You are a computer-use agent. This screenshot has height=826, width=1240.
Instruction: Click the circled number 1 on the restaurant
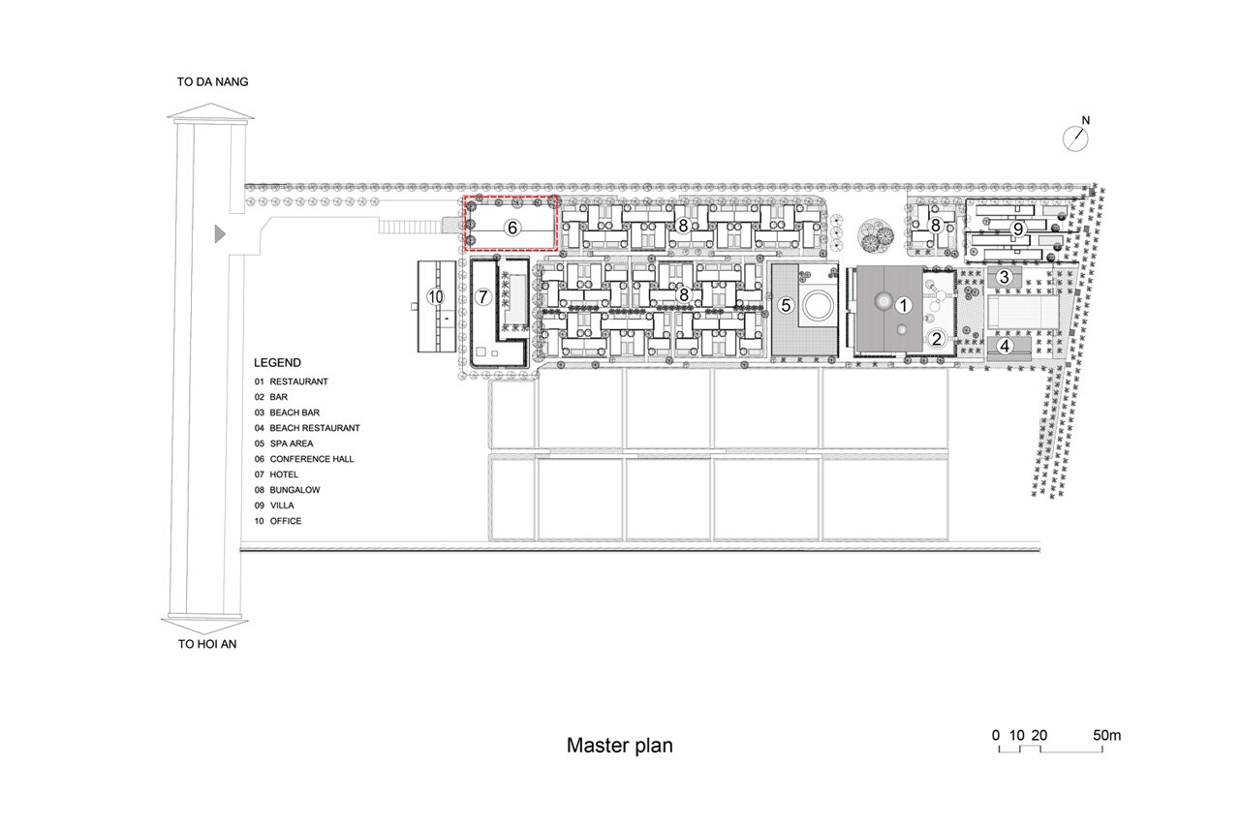coord(904,304)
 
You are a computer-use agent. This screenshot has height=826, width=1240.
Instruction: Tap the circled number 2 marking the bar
coord(936,338)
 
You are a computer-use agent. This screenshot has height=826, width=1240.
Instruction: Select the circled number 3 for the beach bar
coord(1005,277)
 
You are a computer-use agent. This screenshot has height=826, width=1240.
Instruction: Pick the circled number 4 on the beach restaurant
coord(1005,345)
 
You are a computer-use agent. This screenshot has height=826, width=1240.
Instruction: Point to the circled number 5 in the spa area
coord(787,305)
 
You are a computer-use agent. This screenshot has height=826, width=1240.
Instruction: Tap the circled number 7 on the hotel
coord(483,296)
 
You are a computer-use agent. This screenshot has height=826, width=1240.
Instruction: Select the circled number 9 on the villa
coord(1018,229)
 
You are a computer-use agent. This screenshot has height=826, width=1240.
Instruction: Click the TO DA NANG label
coord(212,82)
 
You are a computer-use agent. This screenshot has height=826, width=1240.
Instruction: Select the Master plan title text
coord(619,746)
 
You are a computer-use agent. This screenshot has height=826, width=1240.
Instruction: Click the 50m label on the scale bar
coord(1107,735)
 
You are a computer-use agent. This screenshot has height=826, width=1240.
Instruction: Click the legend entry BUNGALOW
coord(294,490)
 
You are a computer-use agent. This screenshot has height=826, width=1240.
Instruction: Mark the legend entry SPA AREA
coord(293,444)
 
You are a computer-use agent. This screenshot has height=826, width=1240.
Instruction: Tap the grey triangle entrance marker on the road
coord(220,232)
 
